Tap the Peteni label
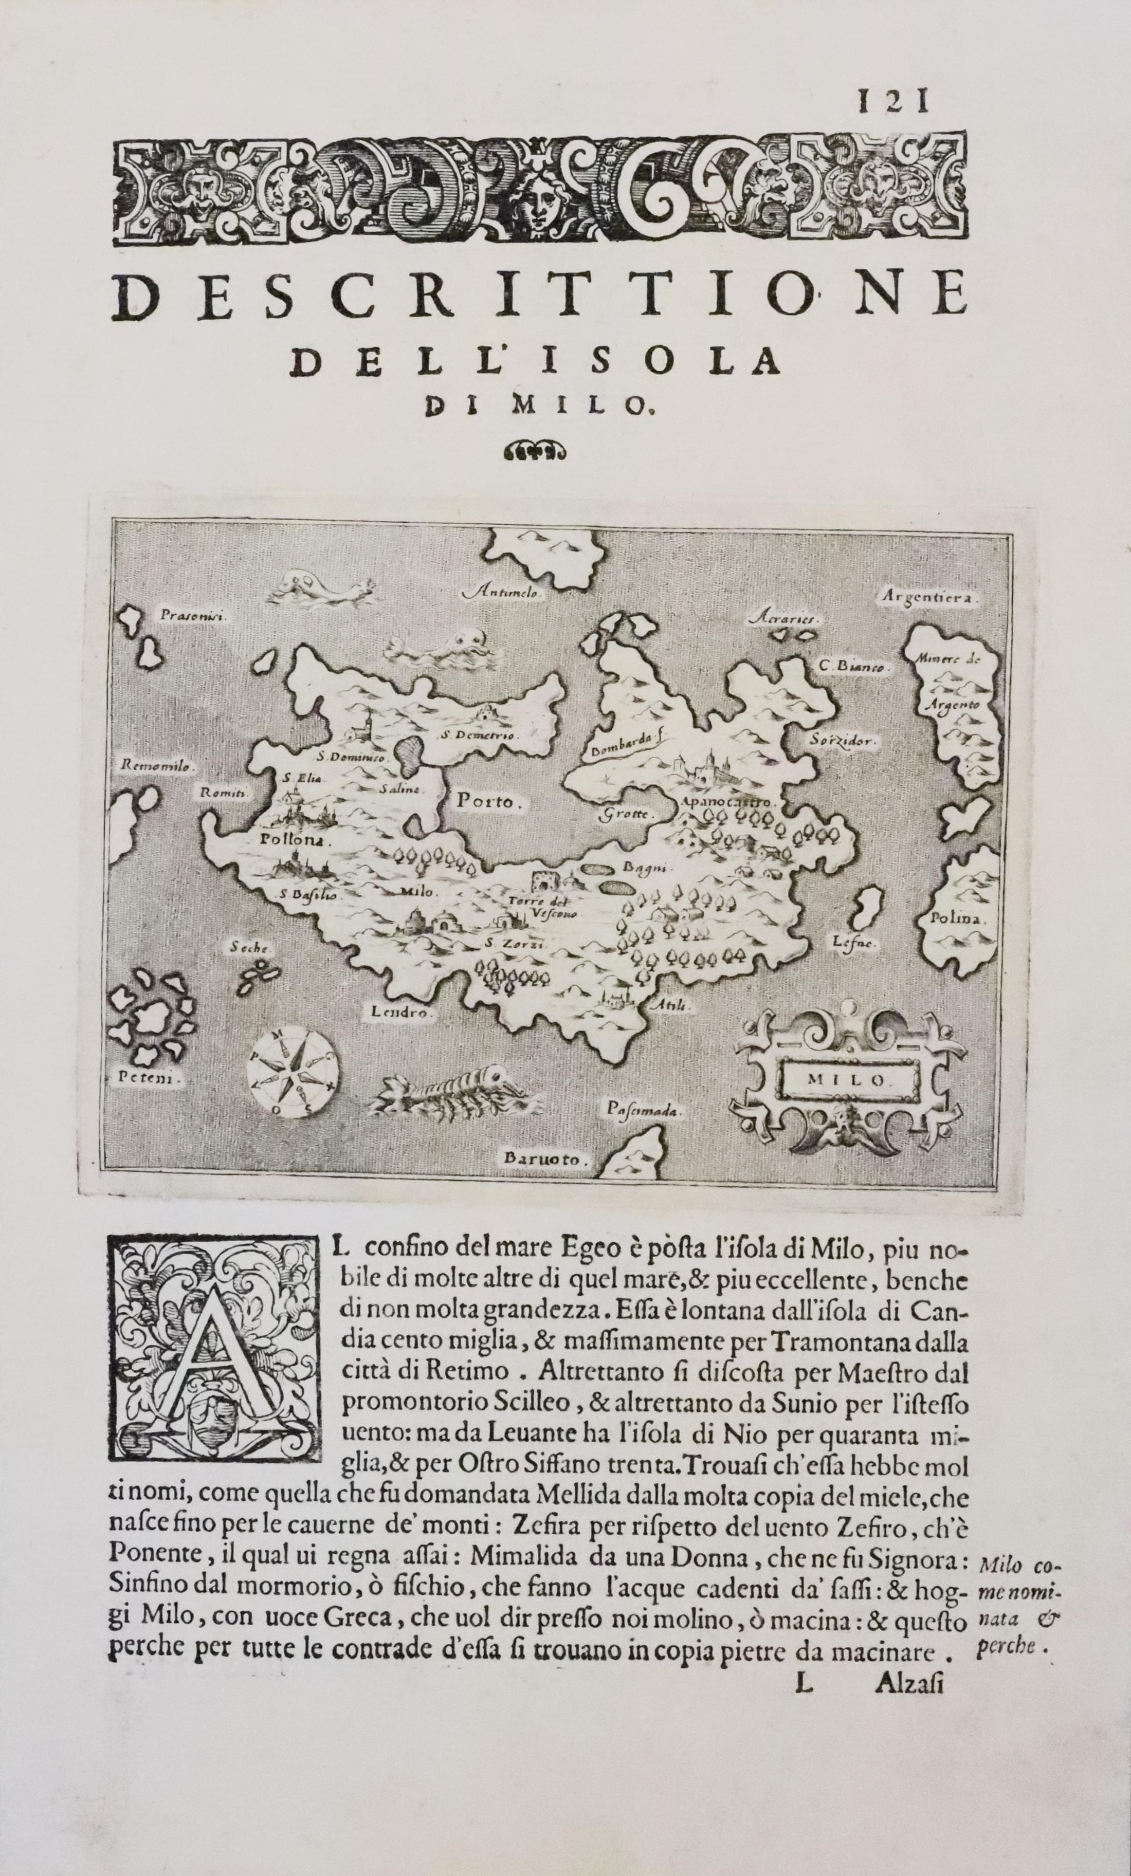point(147,1078)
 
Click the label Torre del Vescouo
point(544,907)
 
